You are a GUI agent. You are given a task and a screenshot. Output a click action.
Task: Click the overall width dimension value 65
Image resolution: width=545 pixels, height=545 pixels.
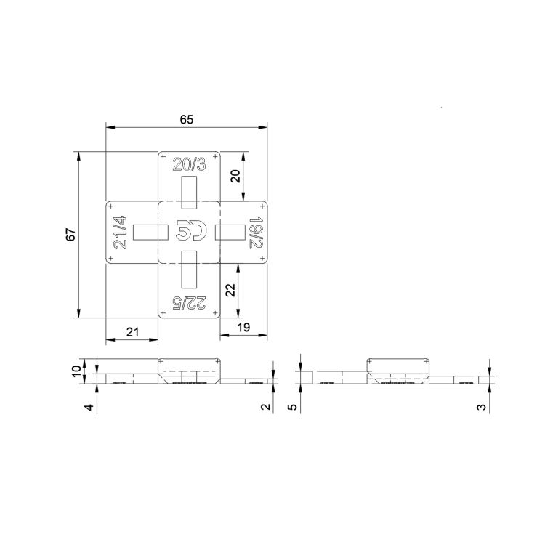[186, 120]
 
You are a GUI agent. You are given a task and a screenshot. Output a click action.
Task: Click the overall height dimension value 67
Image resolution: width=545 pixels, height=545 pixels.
[71, 235]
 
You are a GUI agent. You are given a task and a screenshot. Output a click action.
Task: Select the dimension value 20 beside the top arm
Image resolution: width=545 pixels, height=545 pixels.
[235, 176]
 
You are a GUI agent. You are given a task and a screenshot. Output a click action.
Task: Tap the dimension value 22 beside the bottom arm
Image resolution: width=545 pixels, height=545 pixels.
[230, 290]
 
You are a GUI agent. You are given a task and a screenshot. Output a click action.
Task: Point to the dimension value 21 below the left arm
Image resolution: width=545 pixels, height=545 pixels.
[132, 332]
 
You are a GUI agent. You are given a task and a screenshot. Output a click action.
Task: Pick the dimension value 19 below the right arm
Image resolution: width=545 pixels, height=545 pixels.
[243, 328]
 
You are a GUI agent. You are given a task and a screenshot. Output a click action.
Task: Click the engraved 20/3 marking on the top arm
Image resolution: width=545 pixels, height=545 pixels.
[189, 164]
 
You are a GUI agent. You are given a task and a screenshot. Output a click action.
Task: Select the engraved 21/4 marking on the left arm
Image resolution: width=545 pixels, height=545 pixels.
[120, 233]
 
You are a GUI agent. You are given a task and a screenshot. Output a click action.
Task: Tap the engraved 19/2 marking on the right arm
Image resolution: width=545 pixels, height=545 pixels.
[256, 233]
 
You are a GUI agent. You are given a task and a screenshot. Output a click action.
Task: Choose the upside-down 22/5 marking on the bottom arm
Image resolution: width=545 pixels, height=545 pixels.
[190, 303]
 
